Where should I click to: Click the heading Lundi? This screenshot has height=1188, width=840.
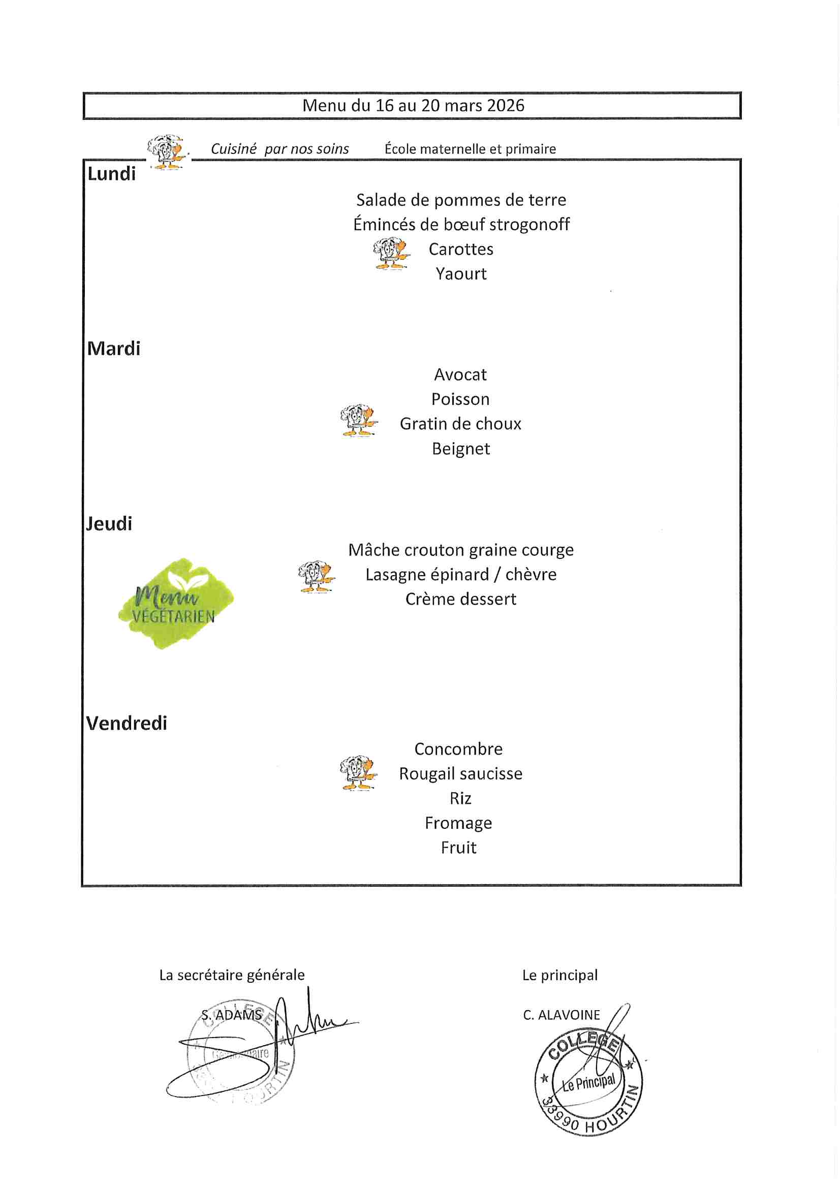[111, 174]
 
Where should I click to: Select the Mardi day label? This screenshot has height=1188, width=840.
[113, 349]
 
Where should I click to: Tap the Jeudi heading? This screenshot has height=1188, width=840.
[109, 524]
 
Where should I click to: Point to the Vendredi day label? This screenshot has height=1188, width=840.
[127, 723]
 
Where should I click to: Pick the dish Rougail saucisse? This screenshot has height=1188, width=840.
[460, 773]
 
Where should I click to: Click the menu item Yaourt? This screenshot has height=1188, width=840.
[460, 274]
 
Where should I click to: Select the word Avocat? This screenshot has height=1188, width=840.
[460, 374]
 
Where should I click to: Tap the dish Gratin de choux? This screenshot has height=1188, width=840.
[460, 424]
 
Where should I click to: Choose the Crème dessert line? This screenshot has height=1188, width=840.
[460, 599]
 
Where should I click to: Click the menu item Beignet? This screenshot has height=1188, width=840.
[460, 449]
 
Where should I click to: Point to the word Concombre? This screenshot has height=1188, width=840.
[458, 748]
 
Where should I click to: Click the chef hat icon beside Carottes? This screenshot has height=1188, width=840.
[391, 254]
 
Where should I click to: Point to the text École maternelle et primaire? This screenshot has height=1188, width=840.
[470, 149]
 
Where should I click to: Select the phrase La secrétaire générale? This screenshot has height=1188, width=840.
[231, 975]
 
